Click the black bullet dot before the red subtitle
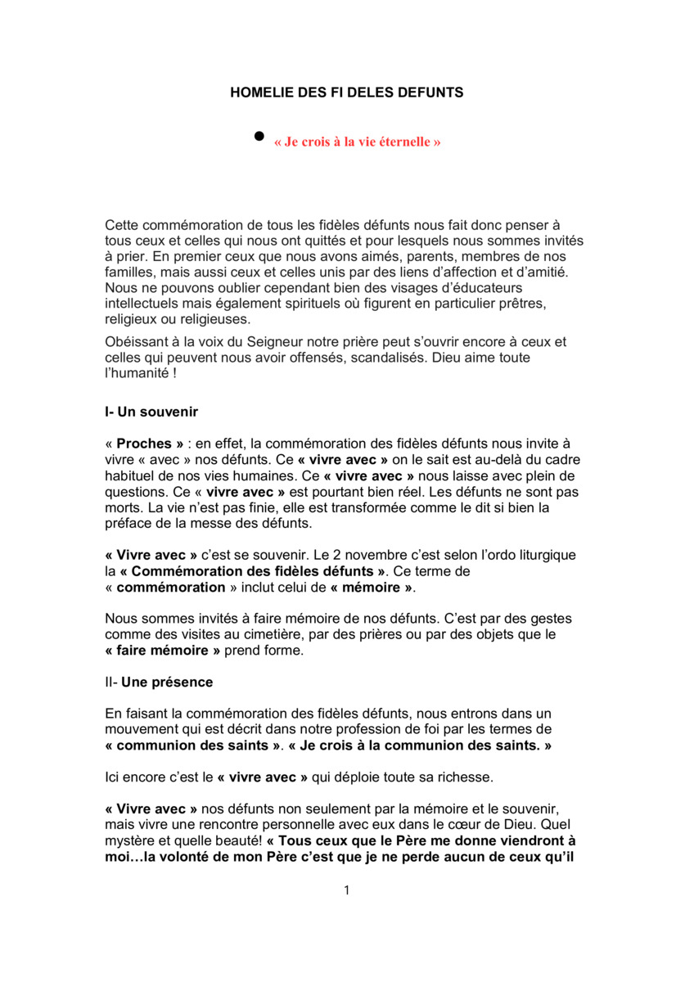[259, 135]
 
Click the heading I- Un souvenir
[151, 412]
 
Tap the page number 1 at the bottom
[347, 890]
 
